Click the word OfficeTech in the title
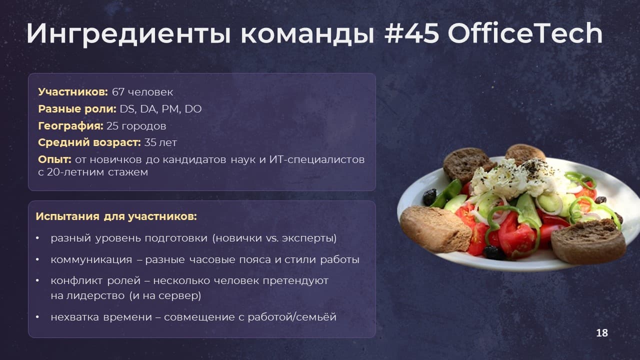click(x=525, y=33)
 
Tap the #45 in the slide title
click(x=411, y=33)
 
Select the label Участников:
click(x=73, y=92)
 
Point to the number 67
click(x=118, y=92)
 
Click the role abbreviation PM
click(x=171, y=109)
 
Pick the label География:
click(x=70, y=126)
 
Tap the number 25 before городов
click(x=112, y=126)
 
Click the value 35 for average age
click(x=150, y=142)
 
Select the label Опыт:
click(x=54, y=159)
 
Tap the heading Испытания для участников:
click(x=116, y=216)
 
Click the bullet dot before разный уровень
click(x=37, y=238)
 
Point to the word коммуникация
click(x=91, y=259)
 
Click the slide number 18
click(x=602, y=333)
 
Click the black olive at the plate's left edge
click(x=429, y=197)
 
